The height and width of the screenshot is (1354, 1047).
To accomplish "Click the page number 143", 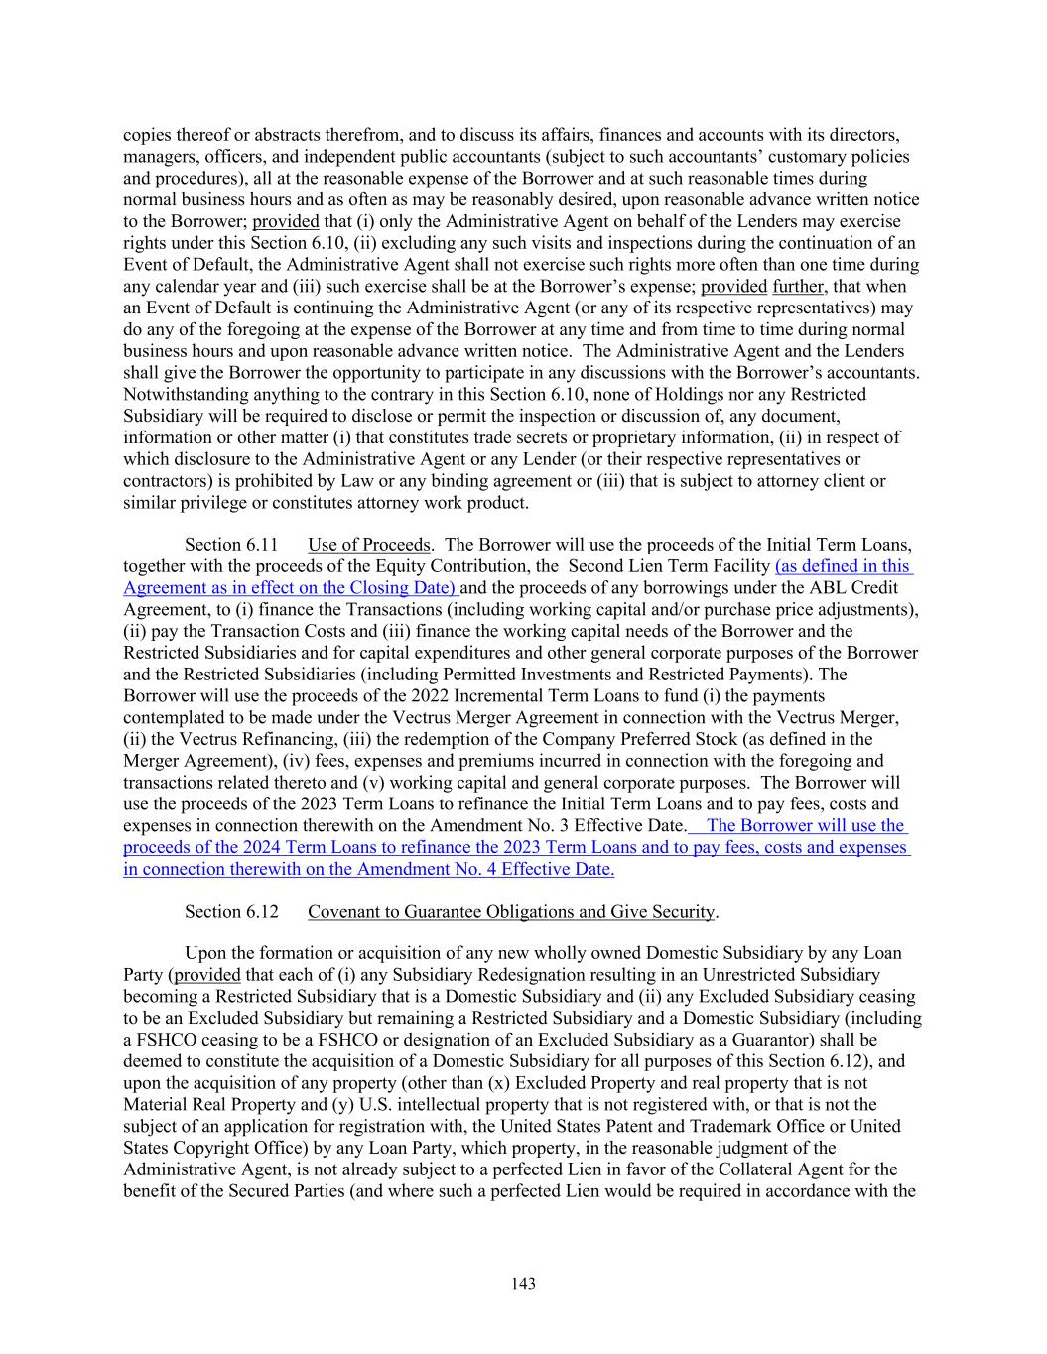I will (523, 1284).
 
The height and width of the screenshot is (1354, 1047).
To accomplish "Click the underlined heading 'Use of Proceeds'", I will (369, 545).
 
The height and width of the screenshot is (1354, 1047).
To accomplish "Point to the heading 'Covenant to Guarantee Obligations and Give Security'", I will (511, 911).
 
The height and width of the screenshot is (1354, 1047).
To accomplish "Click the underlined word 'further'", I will (799, 287).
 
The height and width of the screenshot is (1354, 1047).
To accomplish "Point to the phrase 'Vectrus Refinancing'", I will (223, 739).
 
